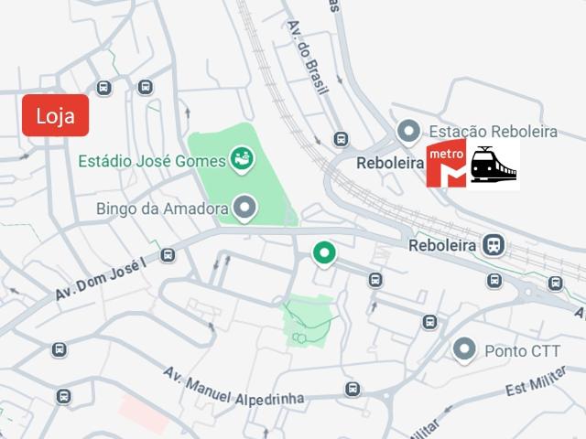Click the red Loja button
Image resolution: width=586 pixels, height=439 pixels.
pyautogui.click(x=55, y=115)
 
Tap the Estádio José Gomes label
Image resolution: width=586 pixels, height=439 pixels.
pyautogui.click(x=152, y=161)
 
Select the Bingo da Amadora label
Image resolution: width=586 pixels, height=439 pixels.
pyautogui.click(x=161, y=209)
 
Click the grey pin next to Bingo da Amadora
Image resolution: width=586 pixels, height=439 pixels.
pyautogui.click(x=244, y=209)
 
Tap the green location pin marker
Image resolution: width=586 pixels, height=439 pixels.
pyautogui.click(x=322, y=252)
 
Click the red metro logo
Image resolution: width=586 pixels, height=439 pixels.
pyautogui.click(x=446, y=165)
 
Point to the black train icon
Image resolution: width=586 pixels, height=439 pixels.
pyautogui.click(x=494, y=165)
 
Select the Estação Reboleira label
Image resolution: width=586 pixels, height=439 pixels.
pyautogui.click(x=494, y=132)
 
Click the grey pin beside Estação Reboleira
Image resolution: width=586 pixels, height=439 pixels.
pyautogui.click(x=407, y=132)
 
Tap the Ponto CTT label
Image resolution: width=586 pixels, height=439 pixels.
pyautogui.click(x=522, y=350)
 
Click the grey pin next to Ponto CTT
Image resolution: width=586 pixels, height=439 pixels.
pyautogui.click(x=466, y=349)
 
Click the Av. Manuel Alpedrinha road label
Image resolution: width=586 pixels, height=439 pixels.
pyautogui.click(x=233, y=388)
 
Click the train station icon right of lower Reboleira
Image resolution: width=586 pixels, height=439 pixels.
pyautogui.click(x=494, y=245)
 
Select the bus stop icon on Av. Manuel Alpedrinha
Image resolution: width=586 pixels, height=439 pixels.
pyautogui.click(x=353, y=390)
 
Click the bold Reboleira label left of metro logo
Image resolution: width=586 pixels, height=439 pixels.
pyautogui.click(x=389, y=163)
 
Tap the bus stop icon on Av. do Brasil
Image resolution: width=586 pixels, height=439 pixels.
pyautogui.click(x=341, y=139)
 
